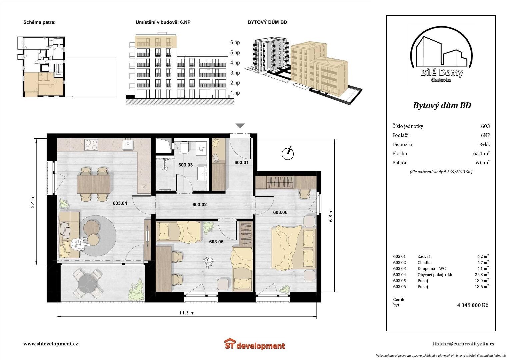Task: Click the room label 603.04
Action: pos(120,203)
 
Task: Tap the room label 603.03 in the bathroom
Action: pos(185,165)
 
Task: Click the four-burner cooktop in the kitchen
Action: pos(91,145)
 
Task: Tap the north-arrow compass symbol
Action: pos(287,153)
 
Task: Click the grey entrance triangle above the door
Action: pos(240,126)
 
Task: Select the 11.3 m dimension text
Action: pos(187,313)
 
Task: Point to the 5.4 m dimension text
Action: pos(33,202)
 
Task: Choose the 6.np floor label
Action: pos(235,43)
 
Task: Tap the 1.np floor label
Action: pos(235,93)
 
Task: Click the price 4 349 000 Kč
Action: pos(472,305)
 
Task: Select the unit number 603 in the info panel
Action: pos(485,126)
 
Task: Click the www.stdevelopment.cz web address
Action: pos(50,344)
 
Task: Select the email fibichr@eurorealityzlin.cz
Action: pos(464,344)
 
